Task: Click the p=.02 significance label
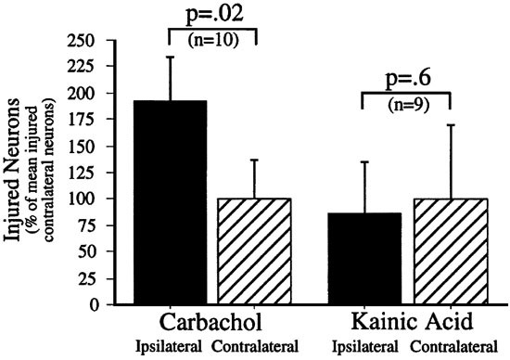point(210,13)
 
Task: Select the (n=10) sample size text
point(210,40)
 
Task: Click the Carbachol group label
point(212,325)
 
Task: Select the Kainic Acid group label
point(406,325)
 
